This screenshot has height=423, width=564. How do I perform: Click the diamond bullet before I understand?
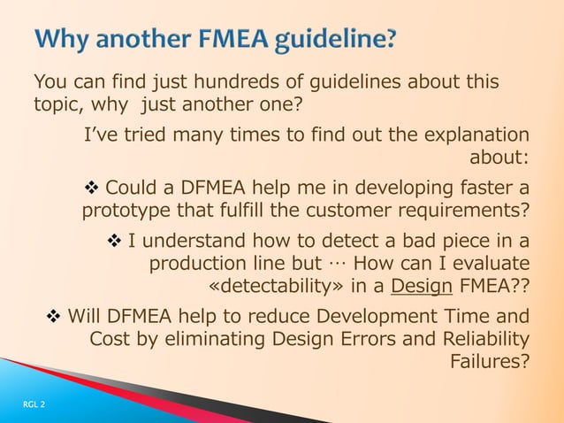tap(114, 240)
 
